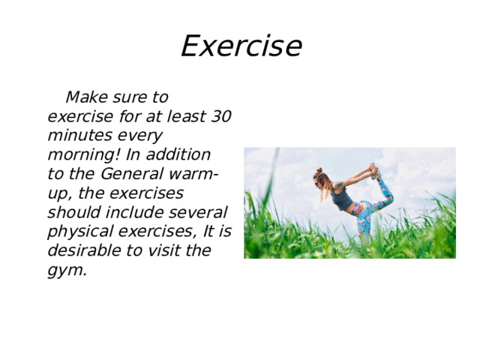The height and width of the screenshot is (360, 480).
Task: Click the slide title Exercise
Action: point(241,46)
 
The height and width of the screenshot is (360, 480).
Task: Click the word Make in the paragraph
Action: point(87,97)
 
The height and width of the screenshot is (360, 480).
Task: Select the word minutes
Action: point(79,136)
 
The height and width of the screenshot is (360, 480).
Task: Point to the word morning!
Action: point(83,156)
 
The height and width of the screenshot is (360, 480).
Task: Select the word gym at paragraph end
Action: point(65,271)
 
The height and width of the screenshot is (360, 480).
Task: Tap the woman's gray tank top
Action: point(342,198)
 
